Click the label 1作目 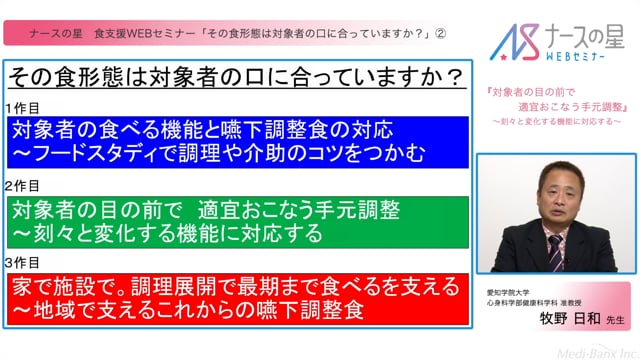(x=21, y=106)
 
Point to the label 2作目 (x=21, y=186)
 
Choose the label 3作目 (x=21, y=263)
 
